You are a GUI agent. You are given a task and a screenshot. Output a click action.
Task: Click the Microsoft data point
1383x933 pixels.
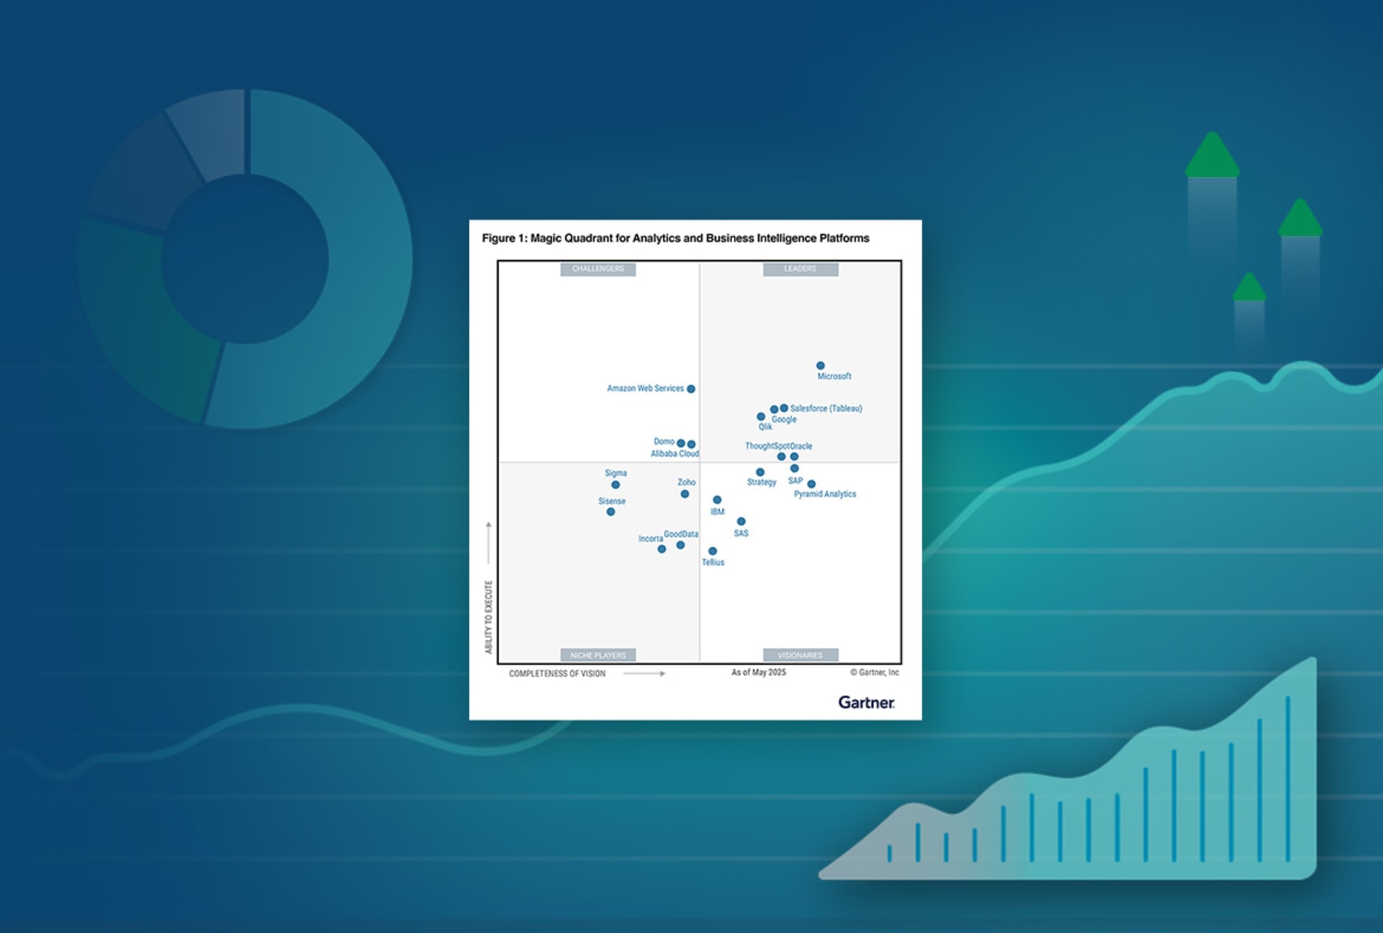point(820,365)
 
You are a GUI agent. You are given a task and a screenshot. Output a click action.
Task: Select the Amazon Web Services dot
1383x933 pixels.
point(691,389)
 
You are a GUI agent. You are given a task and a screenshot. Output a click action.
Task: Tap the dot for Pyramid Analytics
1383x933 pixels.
point(811,484)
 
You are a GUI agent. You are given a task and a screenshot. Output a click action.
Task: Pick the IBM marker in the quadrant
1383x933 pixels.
point(717,499)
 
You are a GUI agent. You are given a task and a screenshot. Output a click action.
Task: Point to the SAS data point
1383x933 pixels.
point(741,521)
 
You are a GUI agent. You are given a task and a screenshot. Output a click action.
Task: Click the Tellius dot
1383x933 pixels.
point(713,551)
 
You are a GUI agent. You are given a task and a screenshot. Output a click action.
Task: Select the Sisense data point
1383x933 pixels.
point(611,512)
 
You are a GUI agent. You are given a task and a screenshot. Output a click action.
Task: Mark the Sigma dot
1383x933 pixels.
point(615,485)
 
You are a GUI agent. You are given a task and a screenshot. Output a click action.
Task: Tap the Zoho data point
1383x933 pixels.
point(684,494)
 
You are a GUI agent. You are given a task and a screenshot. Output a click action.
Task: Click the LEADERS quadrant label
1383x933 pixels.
point(800,269)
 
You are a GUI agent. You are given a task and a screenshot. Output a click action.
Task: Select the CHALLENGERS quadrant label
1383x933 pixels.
point(598,269)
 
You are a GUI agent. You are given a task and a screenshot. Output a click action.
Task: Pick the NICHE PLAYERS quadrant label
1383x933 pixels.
point(598,655)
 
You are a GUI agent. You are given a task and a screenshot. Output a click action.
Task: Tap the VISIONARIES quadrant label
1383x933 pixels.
point(800,655)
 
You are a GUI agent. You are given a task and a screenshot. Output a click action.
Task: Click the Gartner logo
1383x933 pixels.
point(866,702)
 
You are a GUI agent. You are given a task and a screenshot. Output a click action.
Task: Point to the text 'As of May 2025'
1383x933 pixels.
point(758,672)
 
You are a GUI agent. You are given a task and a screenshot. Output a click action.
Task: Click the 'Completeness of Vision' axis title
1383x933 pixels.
point(557,674)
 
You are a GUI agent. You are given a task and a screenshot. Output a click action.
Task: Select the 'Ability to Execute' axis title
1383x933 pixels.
point(489,617)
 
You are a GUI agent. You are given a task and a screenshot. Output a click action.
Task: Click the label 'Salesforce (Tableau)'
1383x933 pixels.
point(826,408)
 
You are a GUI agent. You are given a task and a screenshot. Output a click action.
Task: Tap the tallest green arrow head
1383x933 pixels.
point(1212,155)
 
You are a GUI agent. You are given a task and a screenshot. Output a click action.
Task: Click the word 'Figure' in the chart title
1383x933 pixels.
point(498,238)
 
